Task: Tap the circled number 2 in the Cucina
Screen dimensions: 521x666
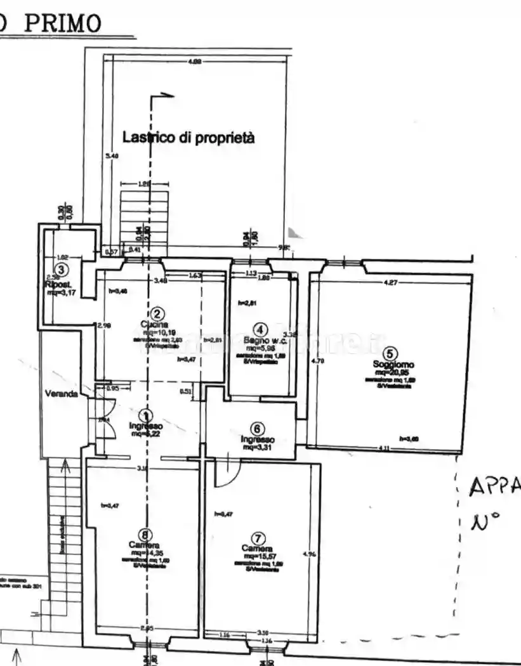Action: click(x=158, y=313)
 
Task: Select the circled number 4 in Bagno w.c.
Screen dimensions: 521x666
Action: click(x=261, y=329)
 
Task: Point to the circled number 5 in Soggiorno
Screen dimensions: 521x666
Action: click(x=391, y=353)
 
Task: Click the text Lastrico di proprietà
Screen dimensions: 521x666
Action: click(x=188, y=137)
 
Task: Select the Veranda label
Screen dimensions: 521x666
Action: click(x=61, y=393)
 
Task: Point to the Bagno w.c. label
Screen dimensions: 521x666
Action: click(x=260, y=341)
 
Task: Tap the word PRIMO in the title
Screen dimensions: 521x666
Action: click(x=63, y=23)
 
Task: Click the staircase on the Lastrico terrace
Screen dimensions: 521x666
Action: click(x=144, y=216)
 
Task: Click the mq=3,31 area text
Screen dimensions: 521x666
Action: click(x=257, y=447)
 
